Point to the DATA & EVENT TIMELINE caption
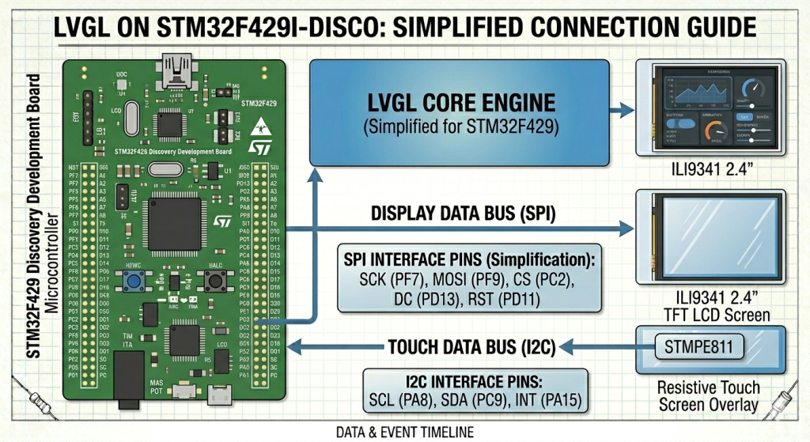click(x=404, y=432)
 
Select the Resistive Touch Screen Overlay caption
click(x=709, y=396)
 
